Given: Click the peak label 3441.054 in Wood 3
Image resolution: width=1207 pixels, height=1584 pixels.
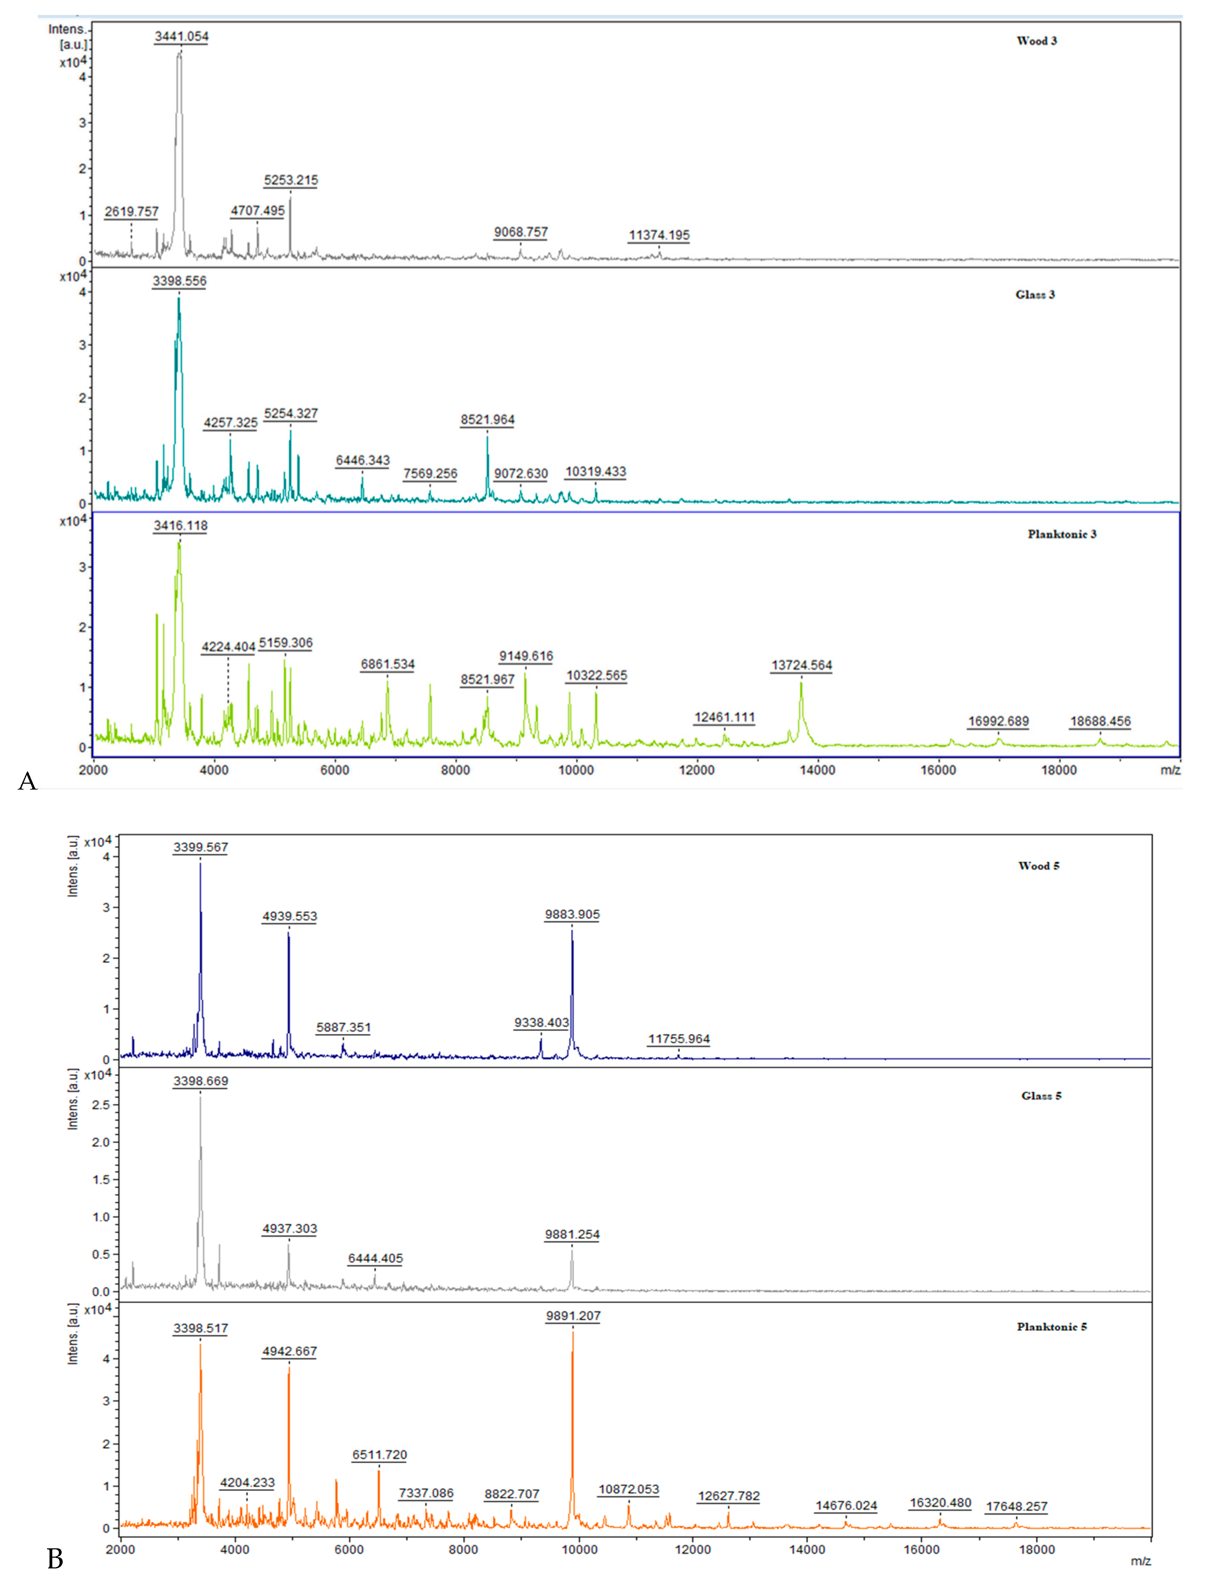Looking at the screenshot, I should (181, 36).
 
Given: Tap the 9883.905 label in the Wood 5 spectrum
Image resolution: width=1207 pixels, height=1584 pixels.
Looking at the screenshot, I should (572, 914).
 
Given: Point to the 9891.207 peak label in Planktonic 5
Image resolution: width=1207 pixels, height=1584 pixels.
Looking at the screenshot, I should (573, 1316).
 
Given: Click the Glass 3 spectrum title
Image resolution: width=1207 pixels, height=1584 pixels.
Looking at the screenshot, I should (1035, 295).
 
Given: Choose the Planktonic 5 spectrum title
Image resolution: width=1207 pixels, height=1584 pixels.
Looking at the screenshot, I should (1051, 1327).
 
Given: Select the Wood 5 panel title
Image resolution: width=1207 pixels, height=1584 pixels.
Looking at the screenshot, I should (1038, 866).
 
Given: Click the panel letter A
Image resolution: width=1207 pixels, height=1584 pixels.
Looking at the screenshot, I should (27, 781).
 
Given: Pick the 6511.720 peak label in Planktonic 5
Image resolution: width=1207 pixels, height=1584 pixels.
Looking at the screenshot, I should (379, 1454).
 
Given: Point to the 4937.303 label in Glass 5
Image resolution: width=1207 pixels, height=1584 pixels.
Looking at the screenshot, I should (289, 1228).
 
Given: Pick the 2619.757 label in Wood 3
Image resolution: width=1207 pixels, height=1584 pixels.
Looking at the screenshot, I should (132, 211).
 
